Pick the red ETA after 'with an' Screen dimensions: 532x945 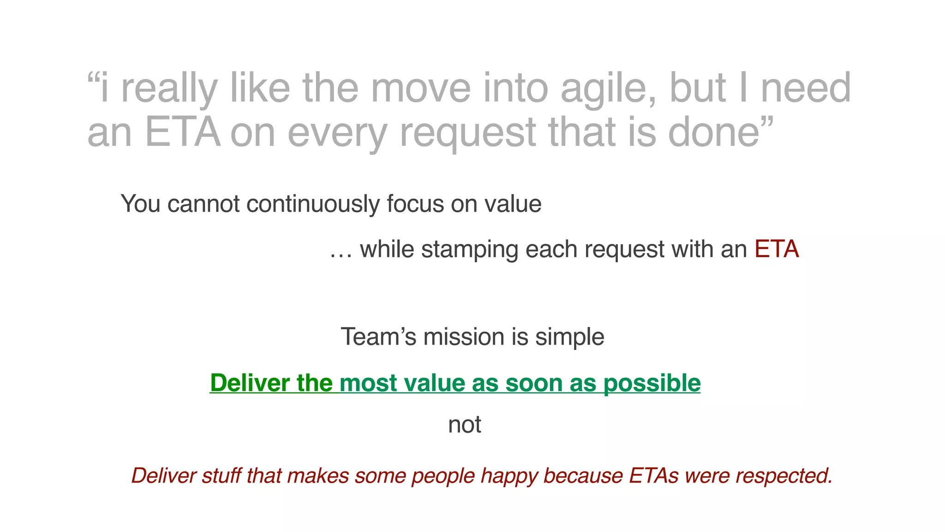(777, 249)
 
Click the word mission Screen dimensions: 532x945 (464, 337)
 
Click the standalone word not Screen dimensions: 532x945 (464, 424)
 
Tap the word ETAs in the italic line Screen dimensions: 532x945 (653, 476)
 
